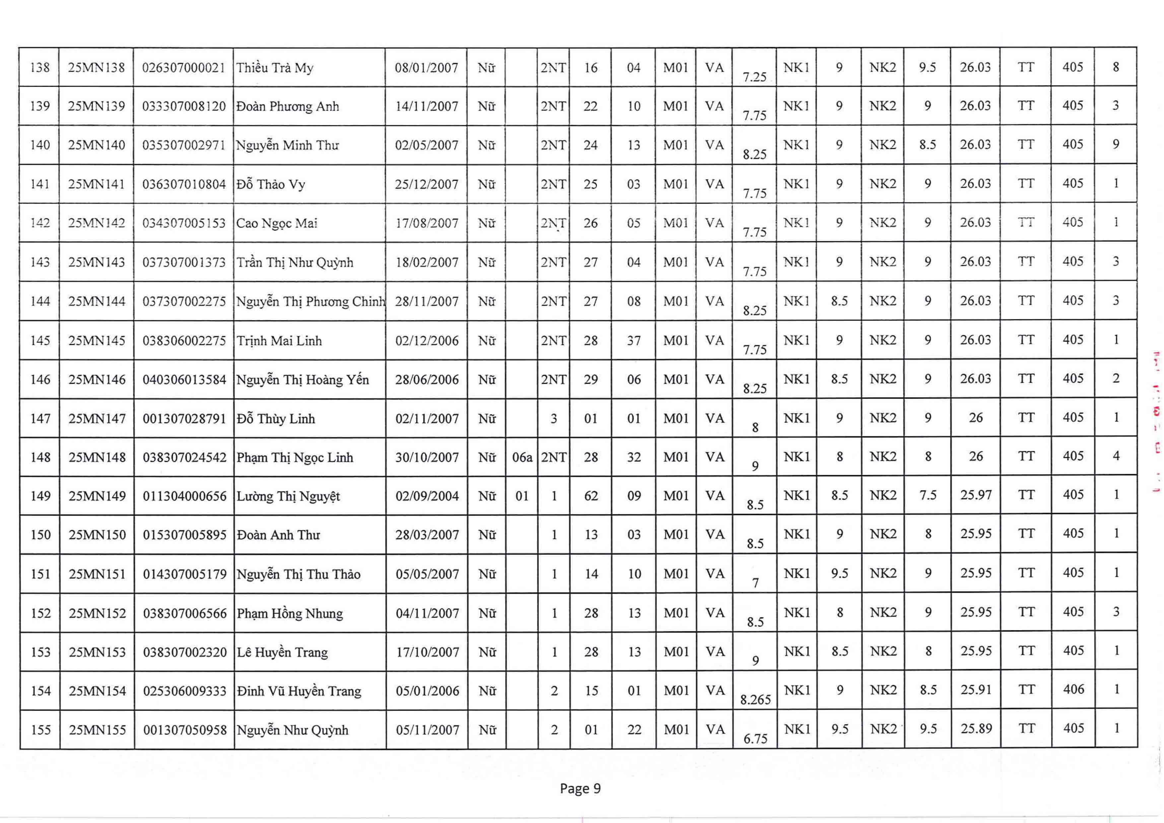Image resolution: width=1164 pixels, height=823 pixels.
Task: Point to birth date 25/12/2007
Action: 426,184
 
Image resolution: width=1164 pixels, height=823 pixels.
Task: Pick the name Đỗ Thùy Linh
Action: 276,418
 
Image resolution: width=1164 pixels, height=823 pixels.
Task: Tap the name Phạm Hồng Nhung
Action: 290,613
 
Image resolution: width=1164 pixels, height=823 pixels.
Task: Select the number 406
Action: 1073,689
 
